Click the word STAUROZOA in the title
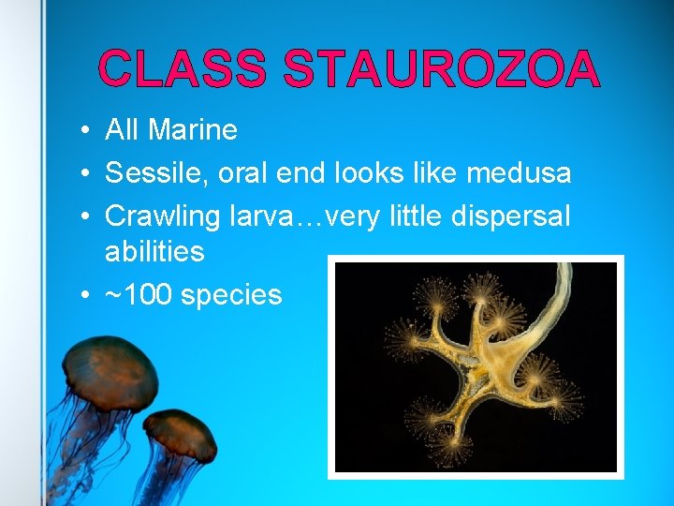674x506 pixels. point(441,70)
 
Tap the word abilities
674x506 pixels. point(154,251)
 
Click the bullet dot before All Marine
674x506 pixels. point(85,131)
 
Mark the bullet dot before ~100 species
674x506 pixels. point(85,296)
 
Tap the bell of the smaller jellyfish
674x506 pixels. point(180,434)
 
